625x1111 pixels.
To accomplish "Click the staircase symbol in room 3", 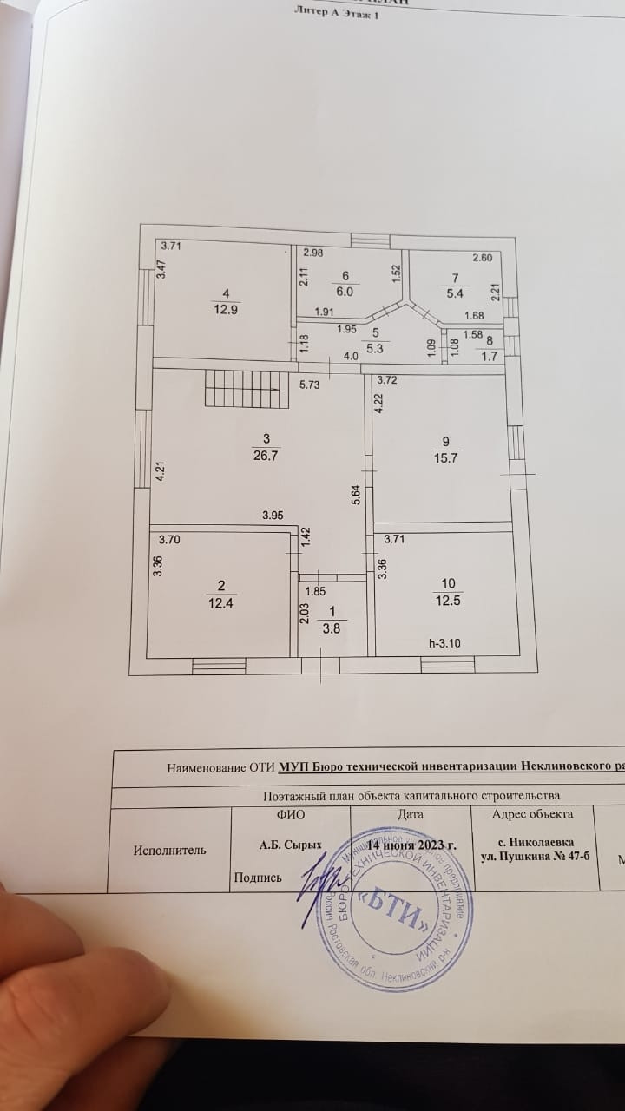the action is point(233,387).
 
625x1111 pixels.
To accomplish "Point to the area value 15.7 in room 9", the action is point(446,459).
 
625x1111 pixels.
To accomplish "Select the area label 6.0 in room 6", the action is point(345,293).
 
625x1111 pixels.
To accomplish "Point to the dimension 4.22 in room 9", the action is point(379,404).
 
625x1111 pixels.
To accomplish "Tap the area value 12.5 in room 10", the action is point(447,602).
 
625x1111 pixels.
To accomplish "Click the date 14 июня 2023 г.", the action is point(411,844).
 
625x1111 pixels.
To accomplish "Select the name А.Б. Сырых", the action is point(291,844).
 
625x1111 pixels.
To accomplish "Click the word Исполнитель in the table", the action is point(170,850).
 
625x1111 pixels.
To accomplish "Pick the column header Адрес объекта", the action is point(532,814).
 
